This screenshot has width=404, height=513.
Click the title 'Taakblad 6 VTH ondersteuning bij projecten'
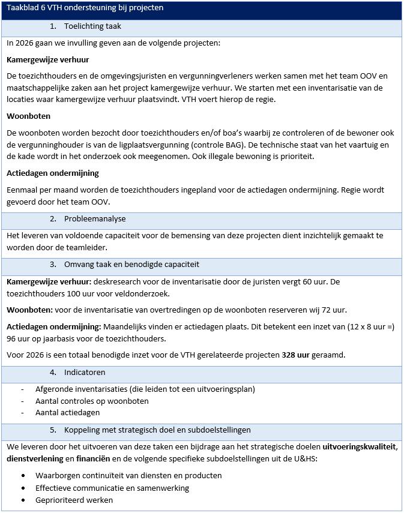85,8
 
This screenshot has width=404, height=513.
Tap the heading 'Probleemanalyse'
95,219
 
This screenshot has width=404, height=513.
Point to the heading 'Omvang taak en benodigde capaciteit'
131,265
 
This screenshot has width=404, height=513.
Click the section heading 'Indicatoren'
85,373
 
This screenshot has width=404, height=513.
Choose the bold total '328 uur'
296,355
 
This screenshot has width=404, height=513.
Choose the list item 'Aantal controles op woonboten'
92,401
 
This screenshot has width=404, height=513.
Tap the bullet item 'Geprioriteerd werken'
74,500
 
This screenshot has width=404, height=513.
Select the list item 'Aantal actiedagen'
67,413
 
